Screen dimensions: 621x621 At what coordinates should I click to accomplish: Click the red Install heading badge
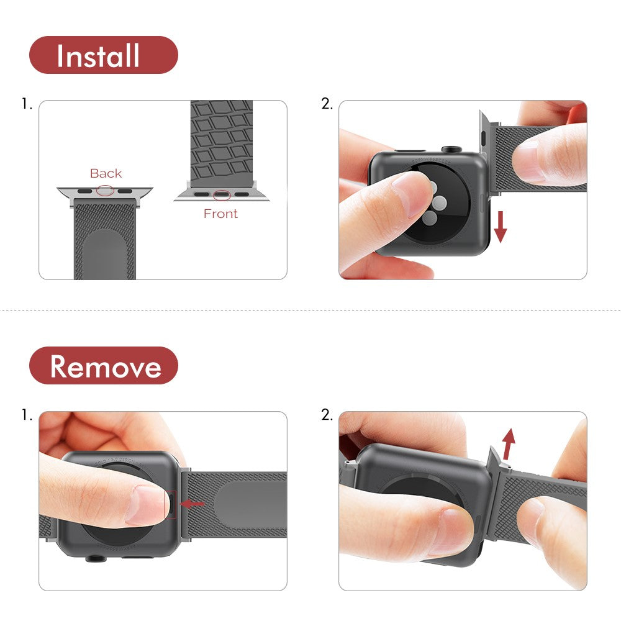point(103,55)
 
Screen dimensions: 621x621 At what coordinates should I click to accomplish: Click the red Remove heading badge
point(103,366)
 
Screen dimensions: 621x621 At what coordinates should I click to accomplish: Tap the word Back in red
point(106,173)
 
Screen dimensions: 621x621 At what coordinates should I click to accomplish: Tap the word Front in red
point(220,214)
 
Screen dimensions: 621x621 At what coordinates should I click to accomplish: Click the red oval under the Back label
point(105,191)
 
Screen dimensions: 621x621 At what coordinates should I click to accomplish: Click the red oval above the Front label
point(222,196)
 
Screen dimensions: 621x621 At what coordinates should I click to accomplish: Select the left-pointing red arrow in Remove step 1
point(193,504)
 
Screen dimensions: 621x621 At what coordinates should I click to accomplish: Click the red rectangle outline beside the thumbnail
point(171,504)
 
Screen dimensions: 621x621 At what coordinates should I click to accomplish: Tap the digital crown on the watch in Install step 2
point(451,150)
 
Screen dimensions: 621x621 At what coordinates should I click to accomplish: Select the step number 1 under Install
point(26,104)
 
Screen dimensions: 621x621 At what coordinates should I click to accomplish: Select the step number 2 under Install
point(327,104)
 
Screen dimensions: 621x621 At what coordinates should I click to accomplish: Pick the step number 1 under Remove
point(26,415)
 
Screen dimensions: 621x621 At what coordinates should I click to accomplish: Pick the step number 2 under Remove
point(327,415)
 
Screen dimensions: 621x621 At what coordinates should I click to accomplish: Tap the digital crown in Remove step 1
point(94,558)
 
